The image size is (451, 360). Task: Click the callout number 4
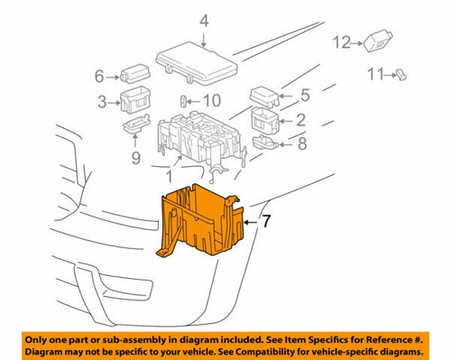203,21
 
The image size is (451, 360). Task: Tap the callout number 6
100,77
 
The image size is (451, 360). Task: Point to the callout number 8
304,141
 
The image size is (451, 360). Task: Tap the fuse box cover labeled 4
196,60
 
